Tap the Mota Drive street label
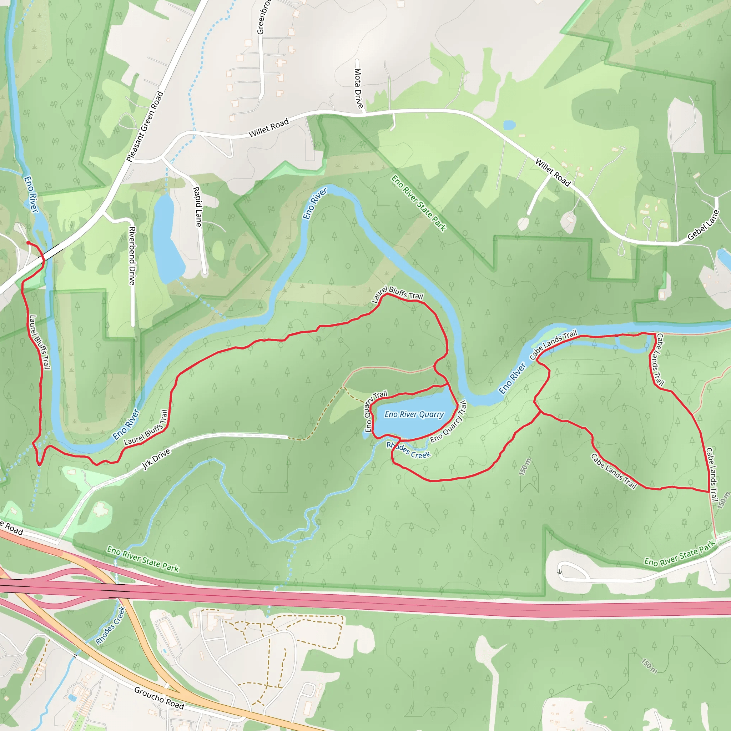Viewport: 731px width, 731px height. click(358, 89)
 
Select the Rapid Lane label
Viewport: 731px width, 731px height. click(197, 207)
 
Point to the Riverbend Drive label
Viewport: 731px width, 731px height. click(132, 256)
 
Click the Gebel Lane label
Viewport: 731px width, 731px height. click(703, 225)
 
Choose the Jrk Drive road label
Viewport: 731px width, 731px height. click(156, 459)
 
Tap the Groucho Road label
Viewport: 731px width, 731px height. click(159, 698)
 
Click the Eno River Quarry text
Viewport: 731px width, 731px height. click(414, 414)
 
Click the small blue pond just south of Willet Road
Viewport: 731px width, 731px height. click(509, 125)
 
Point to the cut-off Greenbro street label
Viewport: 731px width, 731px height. click(261, 17)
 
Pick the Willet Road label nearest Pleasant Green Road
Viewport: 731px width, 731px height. click(268, 128)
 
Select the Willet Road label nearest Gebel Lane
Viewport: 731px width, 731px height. click(553, 172)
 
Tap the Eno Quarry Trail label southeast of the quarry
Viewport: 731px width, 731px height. click(449, 422)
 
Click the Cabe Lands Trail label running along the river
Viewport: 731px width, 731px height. click(553, 344)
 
